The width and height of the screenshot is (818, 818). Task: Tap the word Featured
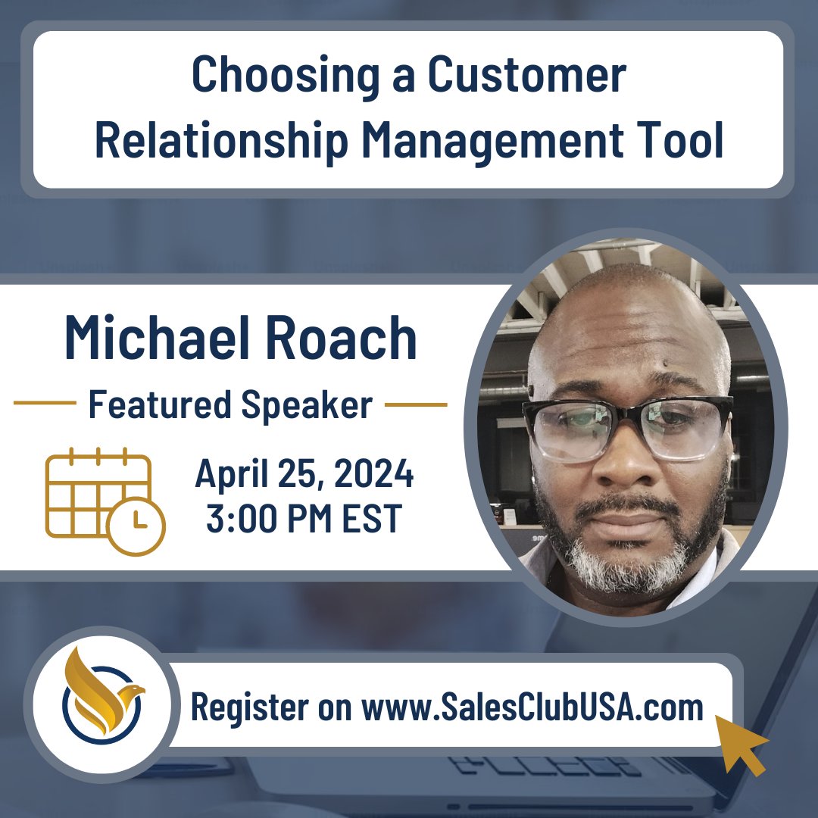click(160, 405)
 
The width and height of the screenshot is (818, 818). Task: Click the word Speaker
click(307, 405)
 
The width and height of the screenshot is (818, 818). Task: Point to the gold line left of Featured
click(45, 404)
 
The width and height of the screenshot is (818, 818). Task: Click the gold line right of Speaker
click(416, 404)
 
